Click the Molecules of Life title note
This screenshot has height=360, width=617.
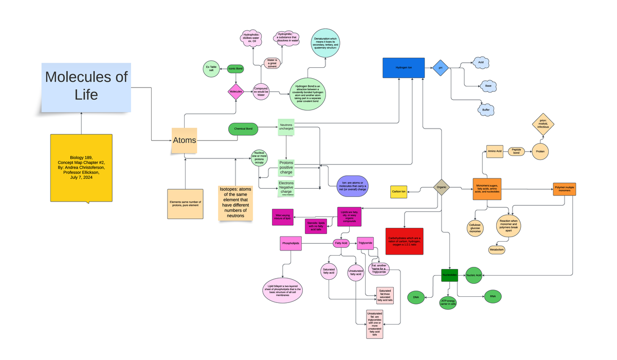(x=86, y=86)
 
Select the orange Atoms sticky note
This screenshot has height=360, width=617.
(x=184, y=140)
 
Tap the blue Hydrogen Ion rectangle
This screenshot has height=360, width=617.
(x=404, y=68)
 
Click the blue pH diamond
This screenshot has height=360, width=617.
(x=440, y=68)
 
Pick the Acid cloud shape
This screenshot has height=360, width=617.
(x=481, y=62)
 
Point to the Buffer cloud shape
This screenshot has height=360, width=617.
(x=485, y=110)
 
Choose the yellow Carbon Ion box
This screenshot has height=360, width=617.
(x=398, y=192)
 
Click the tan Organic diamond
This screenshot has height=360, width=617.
(x=441, y=187)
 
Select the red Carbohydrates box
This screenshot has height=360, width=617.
(x=404, y=241)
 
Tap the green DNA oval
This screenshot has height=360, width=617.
(x=416, y=297)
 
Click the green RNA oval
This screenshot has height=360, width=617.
(x=493, y=296)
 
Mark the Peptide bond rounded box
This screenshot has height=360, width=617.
(x=516, y=152)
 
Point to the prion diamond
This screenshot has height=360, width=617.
(x=543, y=124)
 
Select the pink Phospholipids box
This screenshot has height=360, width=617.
(x=291, y=243)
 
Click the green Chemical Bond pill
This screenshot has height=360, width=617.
(x=243, y=129)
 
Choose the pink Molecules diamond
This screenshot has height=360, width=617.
(x=236, y=91)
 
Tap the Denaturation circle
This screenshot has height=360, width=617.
(x=325, y=43)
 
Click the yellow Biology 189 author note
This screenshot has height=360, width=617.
(x=81, y=168)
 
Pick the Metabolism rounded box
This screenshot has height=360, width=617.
(x=497, y=250)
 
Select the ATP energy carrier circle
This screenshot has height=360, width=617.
(x=447, y=302)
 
